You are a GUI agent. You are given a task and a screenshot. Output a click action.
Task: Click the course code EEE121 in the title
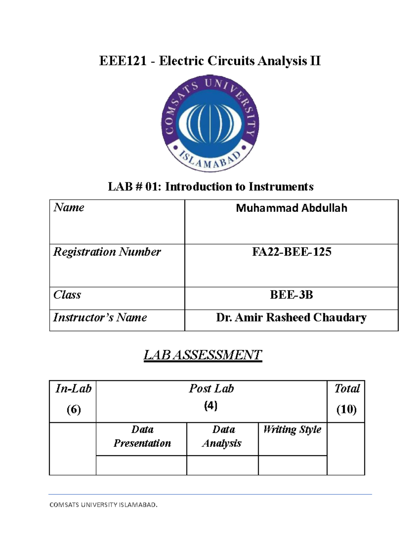[x=122, y=61]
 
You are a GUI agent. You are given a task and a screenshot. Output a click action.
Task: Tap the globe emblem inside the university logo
[x=210, y=123]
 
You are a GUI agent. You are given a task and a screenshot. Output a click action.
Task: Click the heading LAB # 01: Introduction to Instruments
[x=210, y=187]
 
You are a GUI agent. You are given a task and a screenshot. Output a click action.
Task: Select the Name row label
[x=69, y=207]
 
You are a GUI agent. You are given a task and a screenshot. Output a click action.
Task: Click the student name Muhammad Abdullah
[x=291, y=208]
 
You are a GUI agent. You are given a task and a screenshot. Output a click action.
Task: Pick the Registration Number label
[x=107, y=252]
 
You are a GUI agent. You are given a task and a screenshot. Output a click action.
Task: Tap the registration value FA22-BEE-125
[x=291, y=252]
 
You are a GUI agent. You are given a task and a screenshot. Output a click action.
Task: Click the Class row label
[x=67, y=295]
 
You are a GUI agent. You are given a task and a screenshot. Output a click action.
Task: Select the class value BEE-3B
[x=291, y=295]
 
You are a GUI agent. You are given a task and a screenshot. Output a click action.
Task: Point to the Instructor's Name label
[x=100, y=317]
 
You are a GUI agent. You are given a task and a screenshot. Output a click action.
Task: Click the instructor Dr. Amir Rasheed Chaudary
[x=291, y=317]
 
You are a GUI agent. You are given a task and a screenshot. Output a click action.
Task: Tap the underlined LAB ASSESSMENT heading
[x=203, y=355]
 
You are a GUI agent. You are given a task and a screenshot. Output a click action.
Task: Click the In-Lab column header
[x=73, y=388]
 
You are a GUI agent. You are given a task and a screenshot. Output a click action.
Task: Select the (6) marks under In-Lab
[x=73, y=409]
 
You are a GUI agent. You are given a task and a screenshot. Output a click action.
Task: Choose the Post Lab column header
[x=211, y=388]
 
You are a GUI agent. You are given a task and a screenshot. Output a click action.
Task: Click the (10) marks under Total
[x=346, y=409]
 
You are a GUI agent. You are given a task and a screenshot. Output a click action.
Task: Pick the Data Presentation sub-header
[x=142, y=436]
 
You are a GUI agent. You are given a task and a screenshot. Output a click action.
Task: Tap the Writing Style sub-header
[x=292, y=429]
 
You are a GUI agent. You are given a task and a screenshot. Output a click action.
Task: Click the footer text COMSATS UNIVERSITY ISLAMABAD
[x=104, y=505]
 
